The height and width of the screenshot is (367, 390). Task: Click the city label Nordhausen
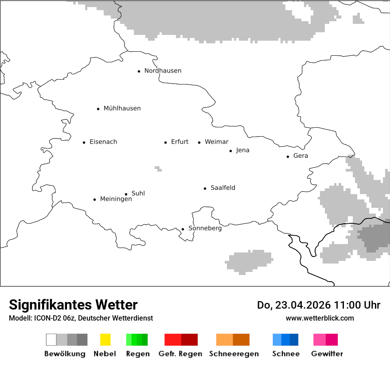point(163,71)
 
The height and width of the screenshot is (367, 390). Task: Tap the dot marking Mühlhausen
point(98,109)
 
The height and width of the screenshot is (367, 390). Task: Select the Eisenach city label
point(103,142)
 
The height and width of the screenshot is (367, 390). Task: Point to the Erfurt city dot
point(166,142)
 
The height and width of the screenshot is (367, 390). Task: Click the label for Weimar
point(216,142)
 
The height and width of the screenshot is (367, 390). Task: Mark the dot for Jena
point(231,151)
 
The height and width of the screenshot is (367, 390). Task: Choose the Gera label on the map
point(300,156)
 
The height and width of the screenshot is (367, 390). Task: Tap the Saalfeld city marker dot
point(205,188)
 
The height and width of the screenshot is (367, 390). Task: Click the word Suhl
point(138,193)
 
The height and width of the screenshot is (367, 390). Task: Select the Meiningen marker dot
point(95,199)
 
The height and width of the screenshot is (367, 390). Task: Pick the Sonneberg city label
point(205,229)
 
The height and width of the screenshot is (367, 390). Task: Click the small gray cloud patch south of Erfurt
point(158,168)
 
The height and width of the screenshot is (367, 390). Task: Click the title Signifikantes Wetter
point(73,305)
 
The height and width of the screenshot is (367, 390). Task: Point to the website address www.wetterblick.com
point(320,318)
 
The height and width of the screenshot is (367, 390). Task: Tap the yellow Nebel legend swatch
point(105,340)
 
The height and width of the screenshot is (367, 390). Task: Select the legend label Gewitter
point(327,354)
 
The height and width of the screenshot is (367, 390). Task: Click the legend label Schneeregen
point(234,354)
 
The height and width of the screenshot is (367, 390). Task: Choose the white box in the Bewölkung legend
point(51,340)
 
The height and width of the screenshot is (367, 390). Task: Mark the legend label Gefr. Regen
point(180,354)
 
